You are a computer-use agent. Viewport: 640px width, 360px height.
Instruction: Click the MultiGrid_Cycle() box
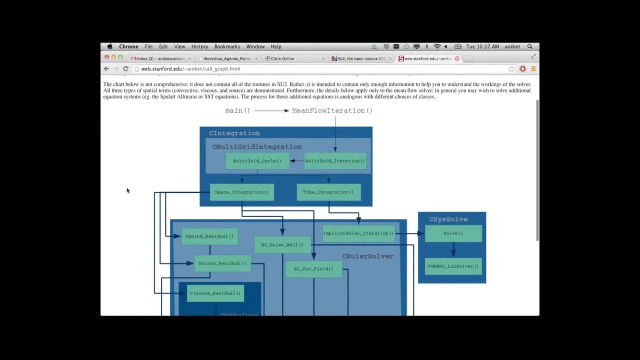(257, 161)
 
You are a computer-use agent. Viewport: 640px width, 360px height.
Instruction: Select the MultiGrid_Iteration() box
(335, 161)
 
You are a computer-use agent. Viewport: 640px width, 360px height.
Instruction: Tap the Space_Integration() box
(241, 192)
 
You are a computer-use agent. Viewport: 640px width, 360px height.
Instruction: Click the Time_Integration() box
(328, 192)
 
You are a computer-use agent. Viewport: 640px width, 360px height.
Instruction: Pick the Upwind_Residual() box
(209, 236)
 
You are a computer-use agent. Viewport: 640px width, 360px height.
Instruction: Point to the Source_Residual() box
(222, 263)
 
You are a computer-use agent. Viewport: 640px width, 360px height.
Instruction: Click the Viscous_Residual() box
(215, 293)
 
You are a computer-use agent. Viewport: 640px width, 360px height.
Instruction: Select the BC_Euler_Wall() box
(282, 245)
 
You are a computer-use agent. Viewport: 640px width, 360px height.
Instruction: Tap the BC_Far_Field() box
(313, 269)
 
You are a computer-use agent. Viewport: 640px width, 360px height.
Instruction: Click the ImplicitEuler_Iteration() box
(358, 233)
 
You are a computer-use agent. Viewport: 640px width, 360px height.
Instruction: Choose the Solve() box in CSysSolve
(453, 233)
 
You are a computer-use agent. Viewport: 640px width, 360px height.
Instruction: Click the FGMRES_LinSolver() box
(453, 266)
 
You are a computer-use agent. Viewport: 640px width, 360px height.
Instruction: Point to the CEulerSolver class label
(367, 256)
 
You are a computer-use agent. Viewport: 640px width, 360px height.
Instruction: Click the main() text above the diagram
(237, 110)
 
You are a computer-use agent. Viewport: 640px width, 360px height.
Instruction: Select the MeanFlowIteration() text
(332, 110)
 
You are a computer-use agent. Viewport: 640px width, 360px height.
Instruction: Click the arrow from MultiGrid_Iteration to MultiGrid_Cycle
(296, 161)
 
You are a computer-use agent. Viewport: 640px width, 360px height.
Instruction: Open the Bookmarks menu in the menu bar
(227, 46)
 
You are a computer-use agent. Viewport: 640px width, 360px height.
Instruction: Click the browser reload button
(126, 69)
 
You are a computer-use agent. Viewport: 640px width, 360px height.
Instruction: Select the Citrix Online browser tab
(282, 58)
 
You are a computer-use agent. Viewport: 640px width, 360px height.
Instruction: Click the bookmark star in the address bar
(511, 69)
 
